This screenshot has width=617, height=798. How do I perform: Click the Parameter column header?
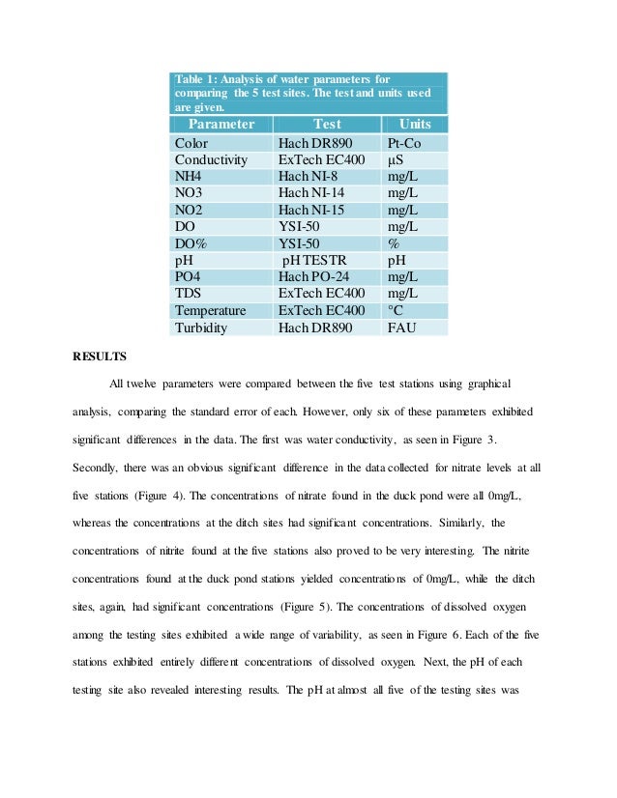[x=221, y=125]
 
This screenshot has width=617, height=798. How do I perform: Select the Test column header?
[x=328, y=125]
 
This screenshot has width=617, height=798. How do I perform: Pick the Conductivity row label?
[x=211, y=159]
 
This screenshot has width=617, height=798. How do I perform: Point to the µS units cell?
[x=395, y=159]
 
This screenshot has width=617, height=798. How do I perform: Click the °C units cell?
[x=395, y=310]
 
